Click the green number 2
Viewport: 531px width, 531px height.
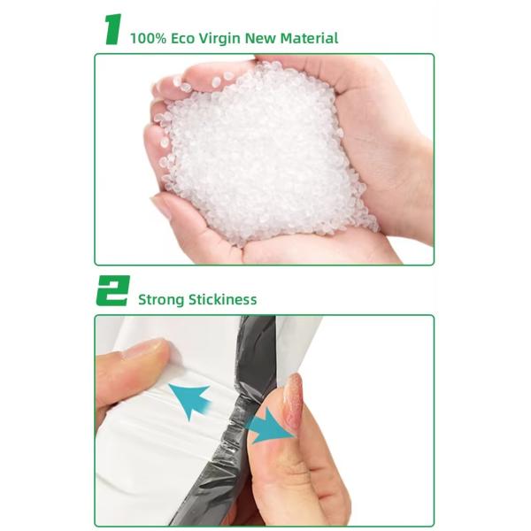click(x=112, y=291)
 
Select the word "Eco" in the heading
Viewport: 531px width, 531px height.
click(x=185, y=38)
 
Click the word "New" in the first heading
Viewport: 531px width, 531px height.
click(x=268, y=38)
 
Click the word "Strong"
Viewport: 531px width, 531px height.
click(x=161, y=299)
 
